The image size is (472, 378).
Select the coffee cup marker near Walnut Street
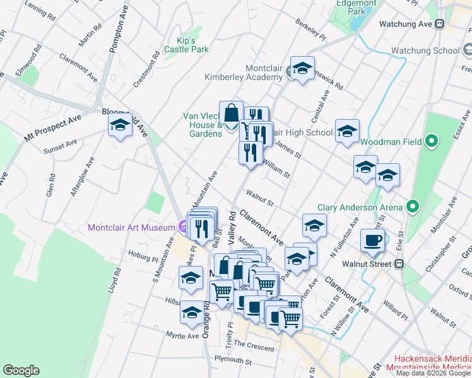click(372, 239)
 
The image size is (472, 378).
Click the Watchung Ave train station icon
click(440, 24)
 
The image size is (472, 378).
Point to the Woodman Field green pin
click(432, 141)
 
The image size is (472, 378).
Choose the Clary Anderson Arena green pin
click(413, 206)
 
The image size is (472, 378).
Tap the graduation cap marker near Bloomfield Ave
click(119, 125)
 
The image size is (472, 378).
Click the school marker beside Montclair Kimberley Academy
click(302, 69)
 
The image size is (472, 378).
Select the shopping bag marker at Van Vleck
click(231, 113)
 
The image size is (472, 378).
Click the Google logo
click(21, 370)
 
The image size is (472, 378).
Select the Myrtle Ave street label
click(182, 336)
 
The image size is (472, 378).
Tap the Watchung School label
click(425, 50)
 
